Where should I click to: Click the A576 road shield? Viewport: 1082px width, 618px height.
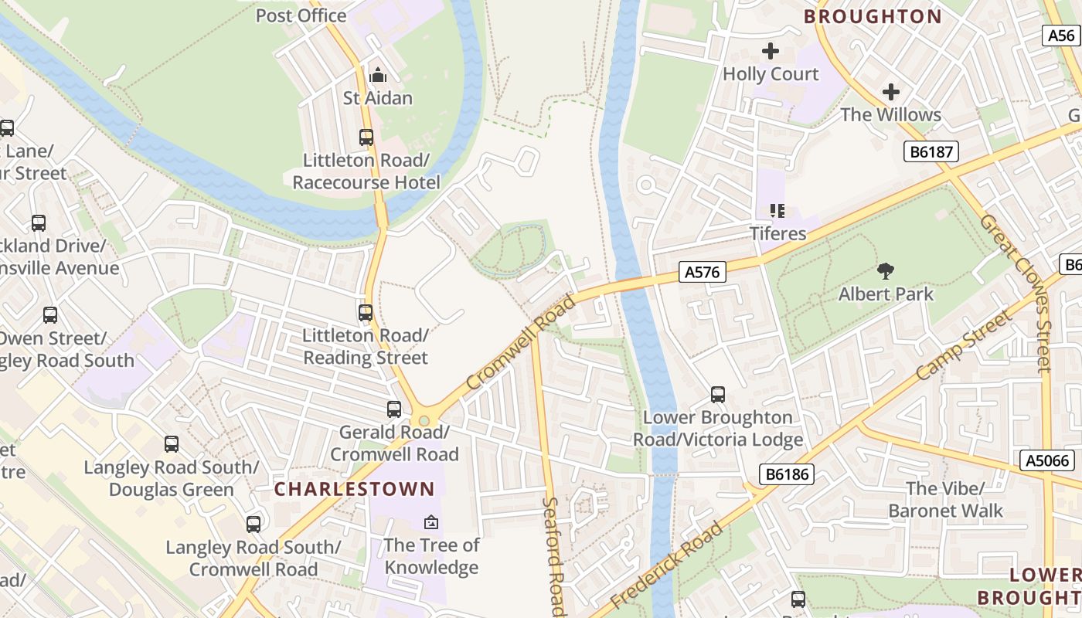703,272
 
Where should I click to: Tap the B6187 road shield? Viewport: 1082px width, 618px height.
931,151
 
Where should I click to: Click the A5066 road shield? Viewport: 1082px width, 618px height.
1048,461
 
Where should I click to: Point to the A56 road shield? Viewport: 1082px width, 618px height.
1062,35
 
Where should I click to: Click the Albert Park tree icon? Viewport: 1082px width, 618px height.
886,271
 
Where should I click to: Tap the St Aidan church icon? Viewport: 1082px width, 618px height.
378,75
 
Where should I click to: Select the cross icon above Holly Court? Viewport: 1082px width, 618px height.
771,51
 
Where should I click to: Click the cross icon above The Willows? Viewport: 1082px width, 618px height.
891,92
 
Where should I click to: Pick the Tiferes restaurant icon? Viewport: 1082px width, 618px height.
777,211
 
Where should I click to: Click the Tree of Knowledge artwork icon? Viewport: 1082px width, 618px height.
431,523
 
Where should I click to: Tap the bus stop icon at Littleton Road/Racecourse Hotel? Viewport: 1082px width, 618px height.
366,138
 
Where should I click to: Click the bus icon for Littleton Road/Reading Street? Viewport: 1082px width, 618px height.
366,313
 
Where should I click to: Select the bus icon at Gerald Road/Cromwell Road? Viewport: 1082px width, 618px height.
394,409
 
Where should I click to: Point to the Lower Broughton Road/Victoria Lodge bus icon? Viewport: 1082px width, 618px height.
718,395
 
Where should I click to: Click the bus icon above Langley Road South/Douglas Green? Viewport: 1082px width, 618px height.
172,444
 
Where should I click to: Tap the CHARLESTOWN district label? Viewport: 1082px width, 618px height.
355,489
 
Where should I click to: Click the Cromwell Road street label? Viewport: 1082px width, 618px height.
522,342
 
